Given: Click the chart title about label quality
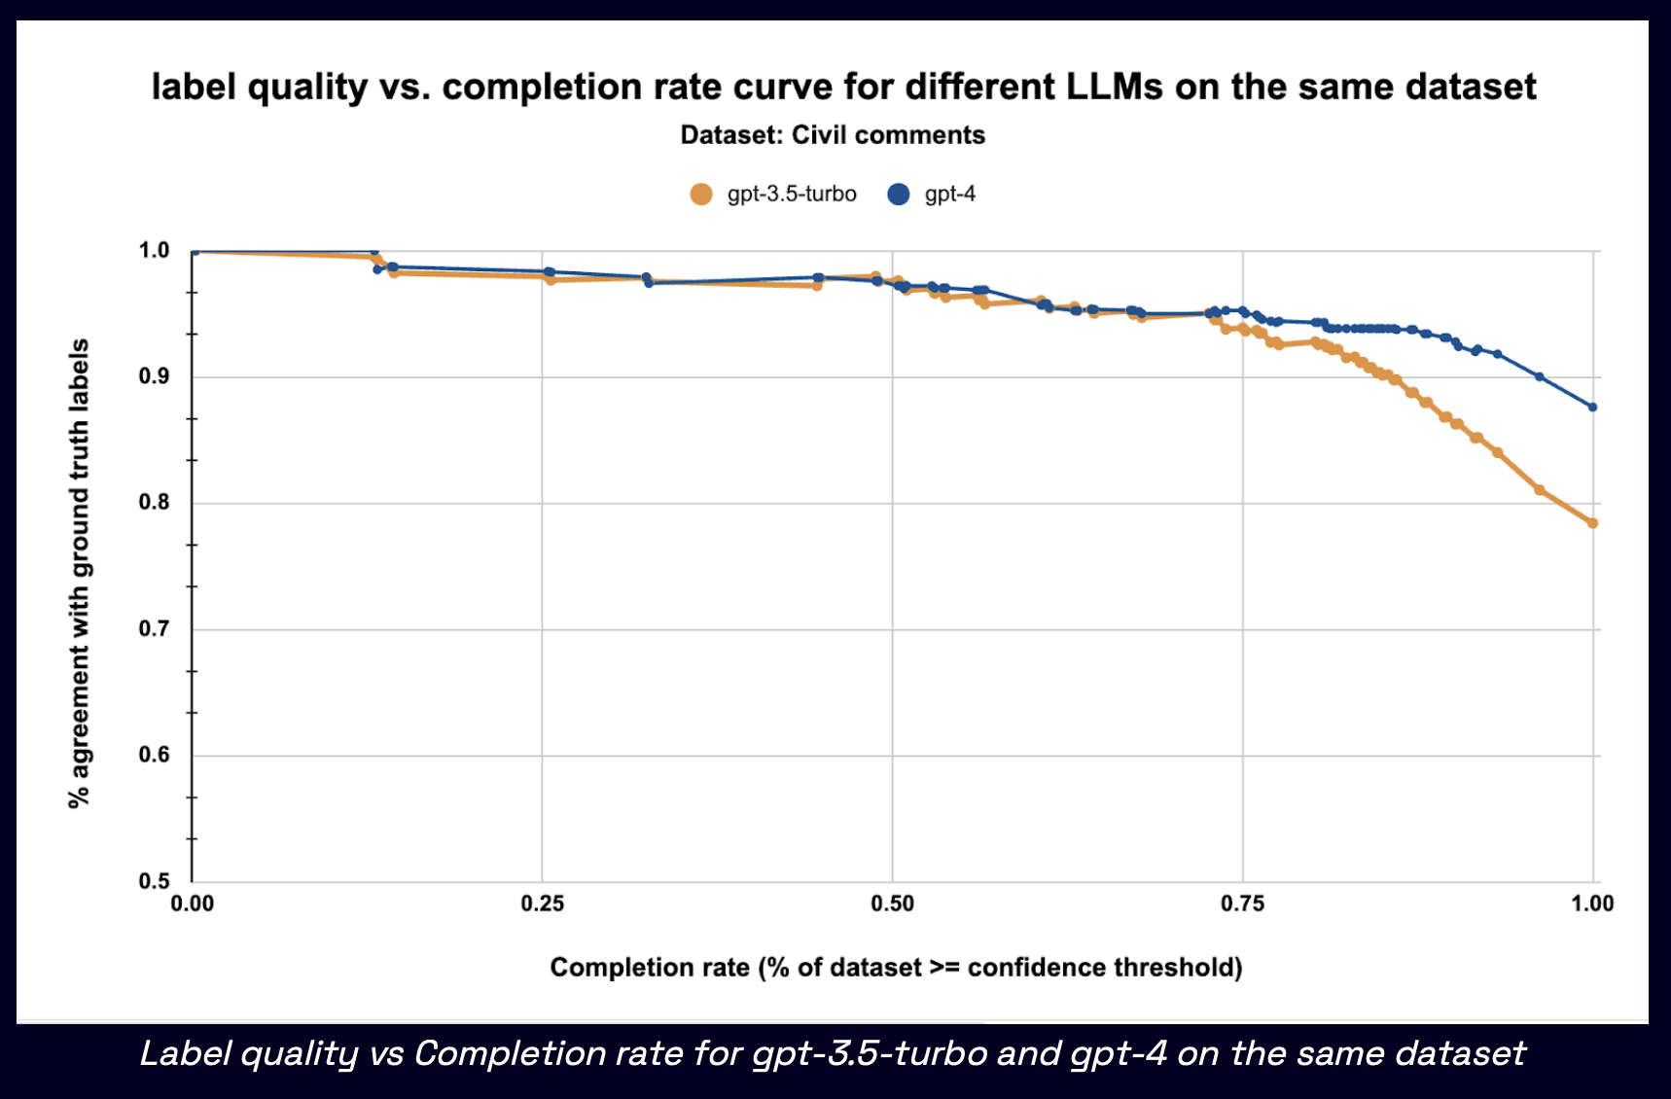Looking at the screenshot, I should pos(843,87).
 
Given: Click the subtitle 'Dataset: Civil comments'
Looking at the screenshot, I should pos(833,135).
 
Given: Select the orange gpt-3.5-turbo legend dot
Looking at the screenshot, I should pos(701,195).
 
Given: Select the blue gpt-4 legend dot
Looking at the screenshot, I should pos(899,195).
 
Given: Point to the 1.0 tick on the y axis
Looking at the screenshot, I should pos(154,251).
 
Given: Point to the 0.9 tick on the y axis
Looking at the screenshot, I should pos(154,377).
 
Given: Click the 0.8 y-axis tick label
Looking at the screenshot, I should pos(154,503).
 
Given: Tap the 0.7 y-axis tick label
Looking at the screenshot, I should pos(154,629).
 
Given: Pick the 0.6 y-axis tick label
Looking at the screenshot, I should pos(154,756).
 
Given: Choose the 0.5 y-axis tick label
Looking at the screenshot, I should pos(154,881).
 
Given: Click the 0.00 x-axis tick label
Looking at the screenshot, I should pos(193,904).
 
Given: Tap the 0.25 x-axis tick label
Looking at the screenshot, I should pos(543,904).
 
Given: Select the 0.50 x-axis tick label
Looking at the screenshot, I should pos(893,904).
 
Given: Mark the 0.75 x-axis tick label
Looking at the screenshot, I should pos(1243,904).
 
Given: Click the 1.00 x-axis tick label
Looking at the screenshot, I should pos(1592,904).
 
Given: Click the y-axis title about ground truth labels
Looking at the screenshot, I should pos(79,574).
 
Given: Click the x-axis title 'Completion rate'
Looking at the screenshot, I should pos(896,968).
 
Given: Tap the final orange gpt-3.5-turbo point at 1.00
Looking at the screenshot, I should pos(1593,523).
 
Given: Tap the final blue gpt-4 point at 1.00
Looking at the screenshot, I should pos(1593,408).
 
